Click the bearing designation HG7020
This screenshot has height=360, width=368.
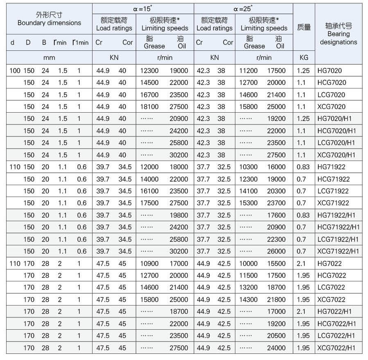tap(329, 70)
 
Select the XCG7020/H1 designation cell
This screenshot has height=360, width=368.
tap(336, 155)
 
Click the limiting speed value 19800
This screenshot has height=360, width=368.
tap(179, 215)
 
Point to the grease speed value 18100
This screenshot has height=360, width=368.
tap(149, 106)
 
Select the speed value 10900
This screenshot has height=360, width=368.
tap(149, 263)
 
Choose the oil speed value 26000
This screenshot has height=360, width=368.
tap(276, 251)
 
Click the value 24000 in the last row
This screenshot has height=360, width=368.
tap(276, 348)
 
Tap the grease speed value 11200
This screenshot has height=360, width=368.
tap(248, 70)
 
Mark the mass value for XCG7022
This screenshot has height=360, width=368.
tap(303, 299)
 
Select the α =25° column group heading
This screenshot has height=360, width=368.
tap(243, 8)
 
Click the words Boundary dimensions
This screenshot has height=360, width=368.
tap(49, 23)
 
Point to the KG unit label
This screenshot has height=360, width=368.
tap(303, 58)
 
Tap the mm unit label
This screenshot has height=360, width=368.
tap(49, 58)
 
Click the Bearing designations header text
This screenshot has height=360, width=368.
tap(338, 38)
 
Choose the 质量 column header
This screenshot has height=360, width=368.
tap(304, 27)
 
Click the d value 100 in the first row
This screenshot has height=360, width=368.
tap(14, 70)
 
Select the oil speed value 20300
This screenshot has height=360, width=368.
tap(276, 191)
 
